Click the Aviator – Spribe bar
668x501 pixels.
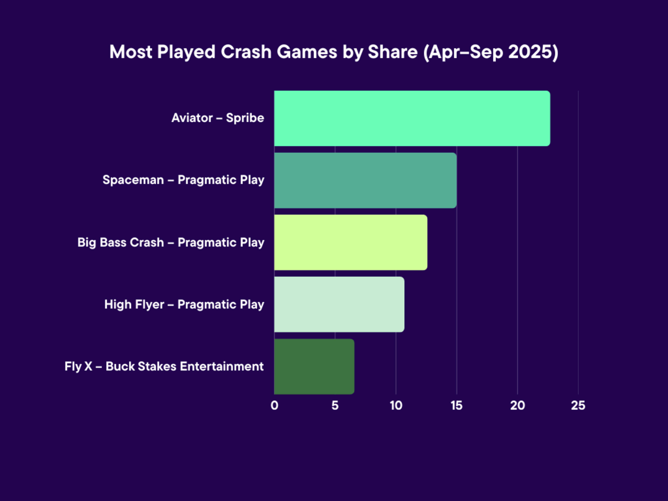tap(412, 118)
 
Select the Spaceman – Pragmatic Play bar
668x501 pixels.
tap(365, 180)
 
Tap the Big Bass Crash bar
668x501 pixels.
tap(351, 242)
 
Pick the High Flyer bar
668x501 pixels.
tap(339, 304)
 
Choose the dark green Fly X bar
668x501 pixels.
tap(314, 366)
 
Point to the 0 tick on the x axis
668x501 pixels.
tap(274, 405)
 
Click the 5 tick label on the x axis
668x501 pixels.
tap(335, 405)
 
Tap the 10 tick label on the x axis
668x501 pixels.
tap(396, 405)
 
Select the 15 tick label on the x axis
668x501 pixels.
tap(457, 405)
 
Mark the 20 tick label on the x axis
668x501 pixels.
tap(518, 405)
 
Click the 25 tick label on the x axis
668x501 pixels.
tap(578, 405)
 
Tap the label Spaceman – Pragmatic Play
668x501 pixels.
tap(183, 180)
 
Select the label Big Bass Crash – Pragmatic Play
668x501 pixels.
tap(171, 242)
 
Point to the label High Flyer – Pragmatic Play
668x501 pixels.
tap(184, 304)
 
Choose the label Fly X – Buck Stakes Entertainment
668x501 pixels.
tap(164, 366)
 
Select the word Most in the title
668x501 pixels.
tap(131, 52)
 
